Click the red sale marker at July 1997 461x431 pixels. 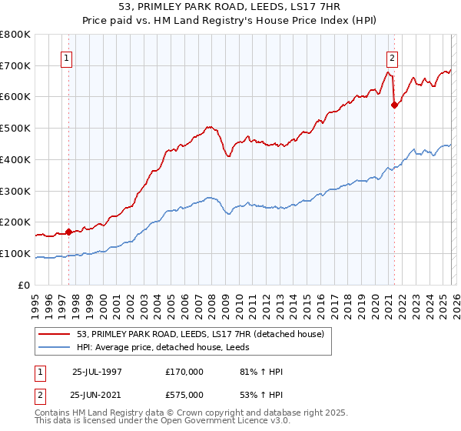coord(68,231)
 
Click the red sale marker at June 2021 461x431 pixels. coord(394,105)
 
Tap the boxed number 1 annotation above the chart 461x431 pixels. coord(67,58)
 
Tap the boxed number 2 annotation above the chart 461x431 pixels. coord(393,58)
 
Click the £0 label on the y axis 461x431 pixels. coord(25,285)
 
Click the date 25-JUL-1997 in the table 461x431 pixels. coord(96,372)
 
